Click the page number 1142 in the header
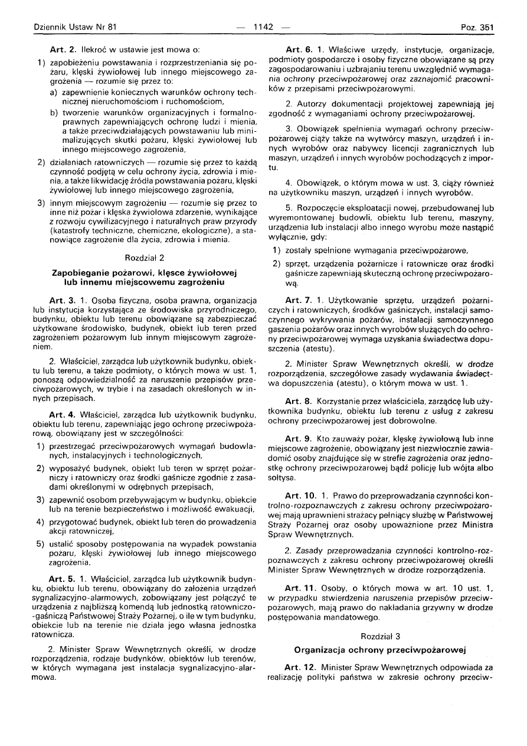263,27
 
